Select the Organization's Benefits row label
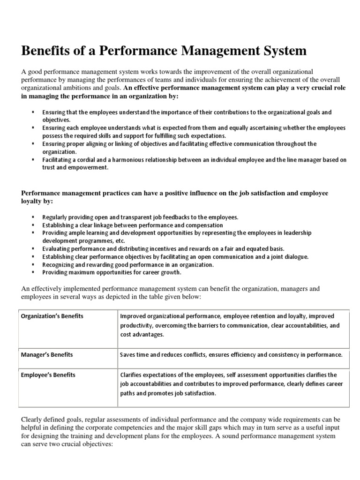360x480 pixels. (52, 316)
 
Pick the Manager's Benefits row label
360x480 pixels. (46, 355)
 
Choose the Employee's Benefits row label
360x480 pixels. (48, 375)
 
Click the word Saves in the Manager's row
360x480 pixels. (128, 355)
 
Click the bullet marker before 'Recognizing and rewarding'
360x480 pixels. (33, 264)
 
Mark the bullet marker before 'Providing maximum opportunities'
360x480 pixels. (33, 272)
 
